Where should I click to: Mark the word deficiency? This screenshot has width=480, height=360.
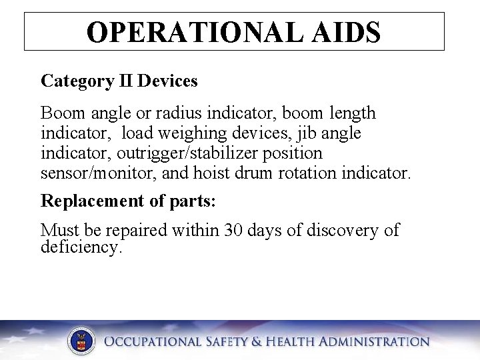pyautogui.click(x=81, y=248)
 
